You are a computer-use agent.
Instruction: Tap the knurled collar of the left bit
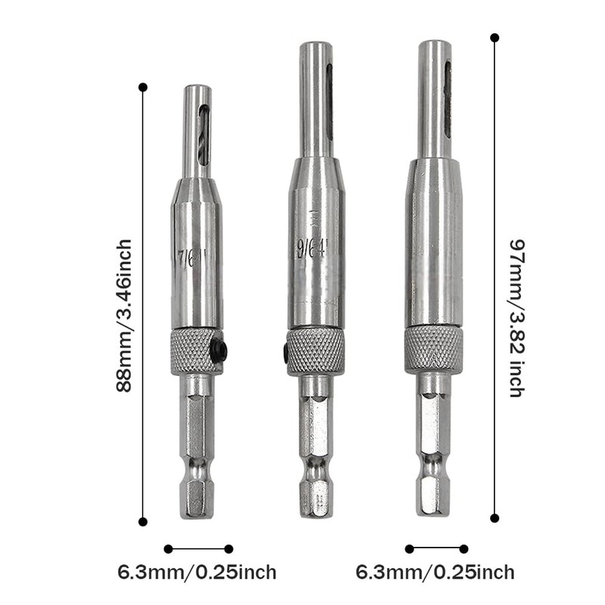point(196,352)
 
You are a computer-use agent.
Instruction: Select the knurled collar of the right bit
point(433,348)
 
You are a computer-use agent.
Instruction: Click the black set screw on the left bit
point(220,351)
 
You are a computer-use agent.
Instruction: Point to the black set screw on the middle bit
point(284,351)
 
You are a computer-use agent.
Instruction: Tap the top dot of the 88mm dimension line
point(143,88)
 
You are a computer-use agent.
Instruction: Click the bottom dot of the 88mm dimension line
point(143,521)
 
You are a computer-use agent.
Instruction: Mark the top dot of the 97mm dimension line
point(495,37)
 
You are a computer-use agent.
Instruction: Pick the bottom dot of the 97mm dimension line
point(495,518)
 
